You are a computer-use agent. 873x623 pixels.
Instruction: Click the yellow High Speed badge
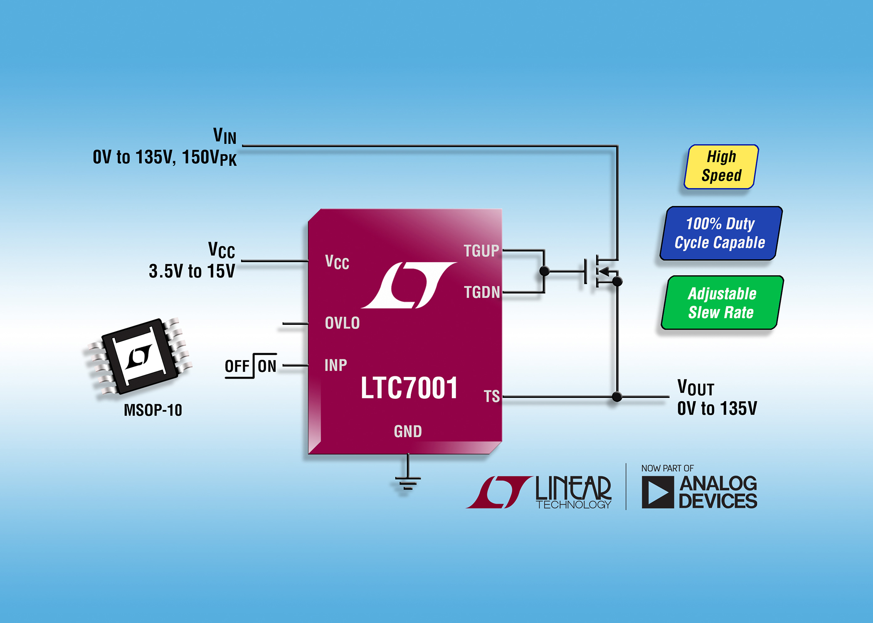point(721,167)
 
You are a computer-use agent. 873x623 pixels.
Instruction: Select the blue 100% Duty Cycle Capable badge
point(721,233)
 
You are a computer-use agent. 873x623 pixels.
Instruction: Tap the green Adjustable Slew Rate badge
point(722,303)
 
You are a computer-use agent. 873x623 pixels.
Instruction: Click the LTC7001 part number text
point(409,388)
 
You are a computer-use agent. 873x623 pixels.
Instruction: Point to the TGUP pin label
point(481,251)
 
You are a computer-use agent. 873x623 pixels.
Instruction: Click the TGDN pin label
point(481,292)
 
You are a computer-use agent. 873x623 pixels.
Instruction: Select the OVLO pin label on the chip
point(342,323)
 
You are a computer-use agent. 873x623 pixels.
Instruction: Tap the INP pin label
point(335,365)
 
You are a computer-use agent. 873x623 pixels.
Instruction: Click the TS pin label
point(491,396)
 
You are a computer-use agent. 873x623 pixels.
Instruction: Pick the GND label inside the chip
point(408,432)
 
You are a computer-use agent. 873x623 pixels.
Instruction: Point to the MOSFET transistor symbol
point(599,272)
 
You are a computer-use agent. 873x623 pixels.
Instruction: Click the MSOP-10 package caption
point(153,410)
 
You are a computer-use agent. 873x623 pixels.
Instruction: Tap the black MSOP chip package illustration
point(139,356)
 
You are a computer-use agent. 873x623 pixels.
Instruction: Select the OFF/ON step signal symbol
point(251,366)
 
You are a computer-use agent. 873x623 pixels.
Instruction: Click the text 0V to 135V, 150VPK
point(165,158)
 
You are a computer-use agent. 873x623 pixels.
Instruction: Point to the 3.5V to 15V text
point(192,271)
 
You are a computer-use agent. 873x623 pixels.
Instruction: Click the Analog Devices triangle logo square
point(657,492)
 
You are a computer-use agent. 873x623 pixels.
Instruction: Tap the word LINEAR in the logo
point(573,488)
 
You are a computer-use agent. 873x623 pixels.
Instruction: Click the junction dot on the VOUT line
point(617,397)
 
